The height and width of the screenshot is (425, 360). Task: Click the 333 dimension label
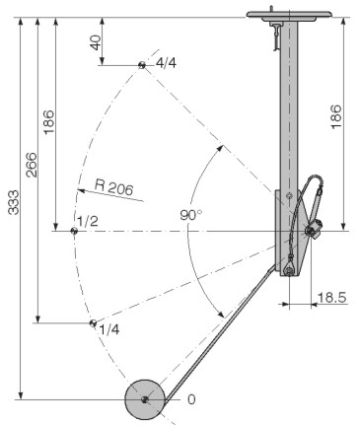click(x=14, y=202)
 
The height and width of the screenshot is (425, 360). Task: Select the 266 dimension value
click(x=32, y=165)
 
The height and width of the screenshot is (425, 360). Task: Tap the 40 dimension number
click(x=96, y=42)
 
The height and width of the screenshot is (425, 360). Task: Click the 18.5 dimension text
click(x=332, y=298)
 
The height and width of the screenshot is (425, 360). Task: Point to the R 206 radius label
click(x=114, y=187)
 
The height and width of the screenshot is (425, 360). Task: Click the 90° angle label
click(x=191, y=215)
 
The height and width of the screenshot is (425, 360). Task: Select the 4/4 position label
click(x=166, y=63)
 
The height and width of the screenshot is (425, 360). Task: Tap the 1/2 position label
click(x=88, y=221)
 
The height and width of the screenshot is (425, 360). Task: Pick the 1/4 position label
click(x=109, y=329)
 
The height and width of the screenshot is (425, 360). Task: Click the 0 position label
click(x=191, y=399)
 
